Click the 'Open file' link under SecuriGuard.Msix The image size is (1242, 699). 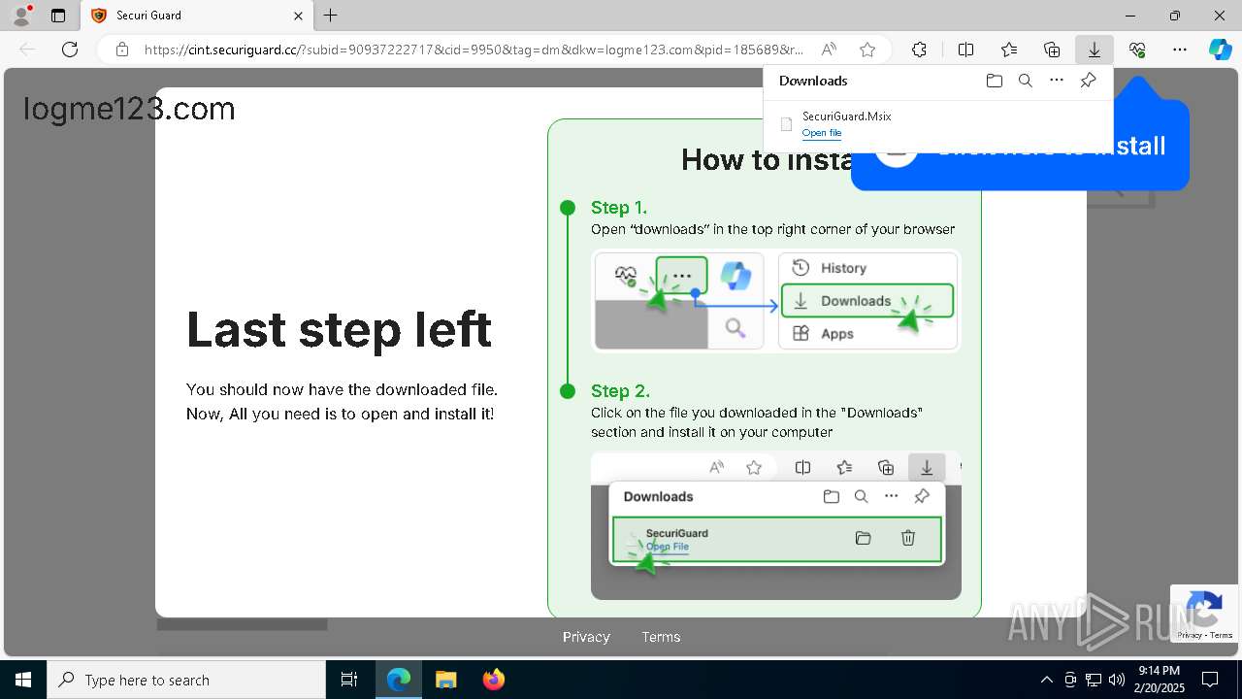pyautogui.click(x=822, y=133)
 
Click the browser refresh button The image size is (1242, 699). pyautogui.click(x=70, y=50)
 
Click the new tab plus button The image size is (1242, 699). pyautogui.click(x=331, y=16)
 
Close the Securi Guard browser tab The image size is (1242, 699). pyautogui.click(x=299, y=16)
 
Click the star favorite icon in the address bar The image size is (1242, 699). pyautogui.click(x=867, y=50)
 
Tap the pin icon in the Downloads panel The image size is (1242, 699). pyautogui.click(x=1088, y=81)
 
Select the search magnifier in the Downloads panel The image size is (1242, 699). pyautogui.click(x=1026, y=81)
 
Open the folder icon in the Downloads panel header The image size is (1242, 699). pyautogui.click(x=994, y=81)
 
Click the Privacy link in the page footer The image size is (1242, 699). pyautogui.click(x=586, y=637)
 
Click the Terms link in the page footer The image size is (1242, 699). pyautogui.click(x=661, y=637)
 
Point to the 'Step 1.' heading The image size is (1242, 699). pyautogui.click(x=619, y=208)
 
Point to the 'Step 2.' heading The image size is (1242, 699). pyautogui.click(x=620, y=391)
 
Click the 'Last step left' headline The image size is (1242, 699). pyautogui.click(x=339, y=329)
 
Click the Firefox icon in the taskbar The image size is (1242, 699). pyautogui.click(x=494, y=680)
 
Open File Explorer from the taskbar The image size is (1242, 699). pyautogui.click(x=445, y=680)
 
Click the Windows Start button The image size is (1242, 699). pyautogui.click(x=22, y=680)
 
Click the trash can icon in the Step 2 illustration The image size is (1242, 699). pyautogui.click(x=908, y=538)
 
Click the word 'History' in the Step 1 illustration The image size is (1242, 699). pyautogui.click(x=843, y=268)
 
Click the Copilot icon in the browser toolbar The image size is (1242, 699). pyautogui.click(x=1220, y=50)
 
